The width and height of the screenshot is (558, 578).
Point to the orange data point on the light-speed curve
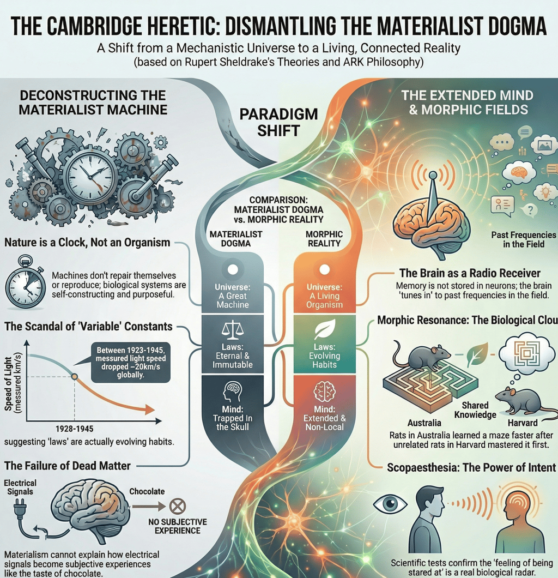[x=75, y=377]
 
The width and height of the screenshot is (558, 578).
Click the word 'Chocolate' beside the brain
[x=147, y=491]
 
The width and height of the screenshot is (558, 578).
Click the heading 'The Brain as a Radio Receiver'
[x=470, y=273]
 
